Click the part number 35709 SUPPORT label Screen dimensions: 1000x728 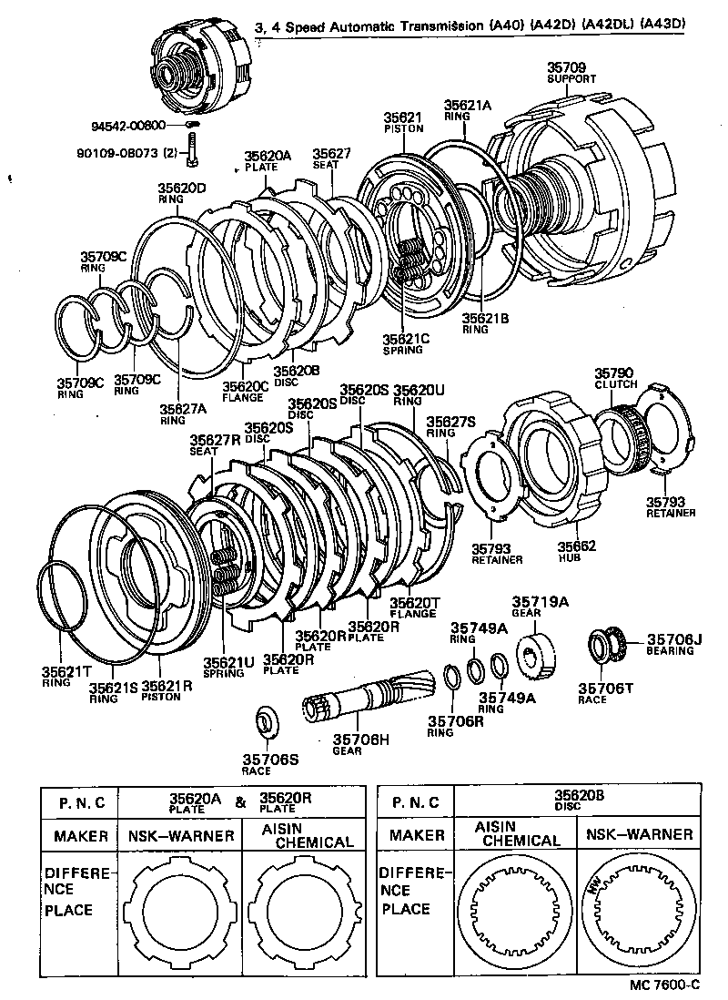[571, 73]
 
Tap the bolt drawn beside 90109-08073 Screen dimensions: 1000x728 [192, 149]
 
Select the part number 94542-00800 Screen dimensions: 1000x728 [127, 126]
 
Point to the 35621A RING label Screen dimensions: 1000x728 [467, 110]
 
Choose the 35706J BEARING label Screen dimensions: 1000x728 [674, 645]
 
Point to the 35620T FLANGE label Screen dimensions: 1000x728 [415, 607]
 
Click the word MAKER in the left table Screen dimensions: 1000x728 [81, 835]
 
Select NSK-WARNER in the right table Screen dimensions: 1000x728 [638, 834]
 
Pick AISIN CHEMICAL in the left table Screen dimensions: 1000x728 [299, 835]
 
